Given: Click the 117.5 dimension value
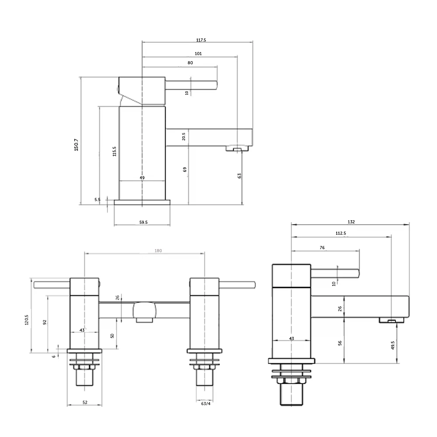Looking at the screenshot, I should tap(201, 40).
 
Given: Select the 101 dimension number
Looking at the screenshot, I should tap(198, 53).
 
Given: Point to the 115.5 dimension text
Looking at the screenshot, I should tap(114, 151).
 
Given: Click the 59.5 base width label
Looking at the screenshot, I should tap(143, 222).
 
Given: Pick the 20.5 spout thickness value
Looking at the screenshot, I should tap(184, 137).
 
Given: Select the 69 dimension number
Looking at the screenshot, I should tap(185, 169).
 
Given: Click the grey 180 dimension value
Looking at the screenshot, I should tap(158, 250).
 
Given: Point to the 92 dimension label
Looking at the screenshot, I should tap(45, 323).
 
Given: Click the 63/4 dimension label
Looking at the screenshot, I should tap(205, 404).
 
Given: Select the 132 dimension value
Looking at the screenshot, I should tap(352, 222).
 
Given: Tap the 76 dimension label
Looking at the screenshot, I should tap(322, 247).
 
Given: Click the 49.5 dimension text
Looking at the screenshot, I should tap(393, 345).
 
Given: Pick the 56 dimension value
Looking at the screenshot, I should tap(340, 343).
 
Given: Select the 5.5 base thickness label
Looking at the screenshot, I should tap(97, 199).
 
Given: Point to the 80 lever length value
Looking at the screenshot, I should tap(190, 62).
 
